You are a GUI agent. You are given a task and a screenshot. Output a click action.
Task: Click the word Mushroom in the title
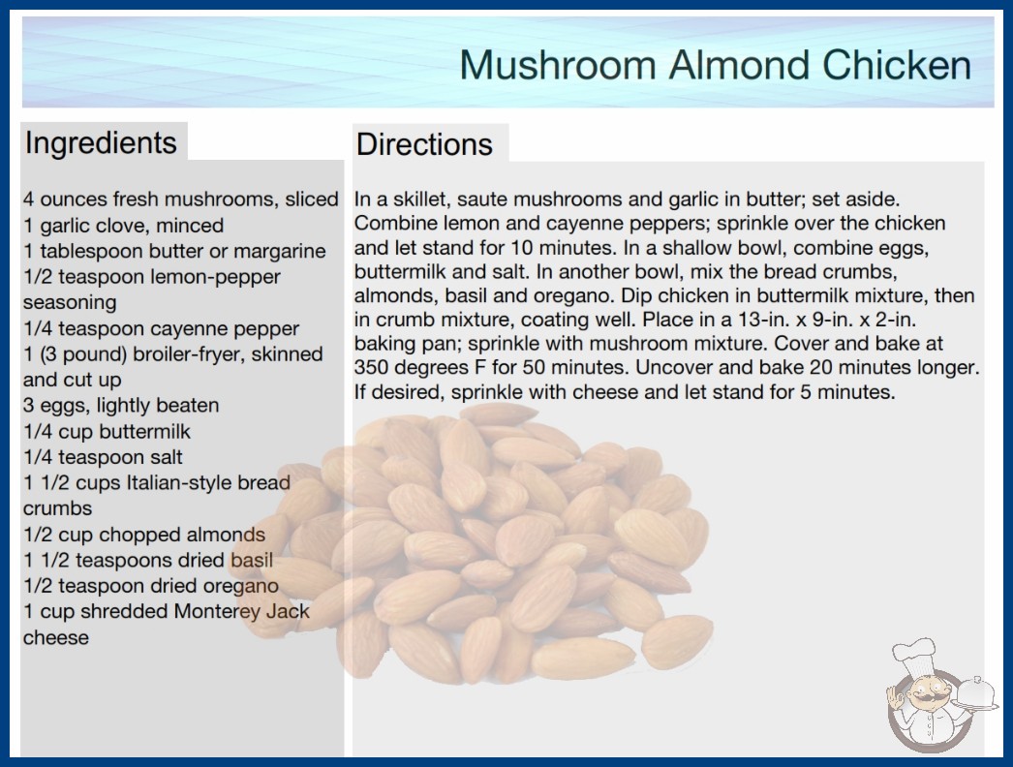558,65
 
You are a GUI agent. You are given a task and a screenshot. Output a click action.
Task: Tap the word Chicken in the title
897,65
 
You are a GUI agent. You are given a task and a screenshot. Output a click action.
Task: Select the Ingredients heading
100,143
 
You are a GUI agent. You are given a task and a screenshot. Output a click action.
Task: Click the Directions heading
424,144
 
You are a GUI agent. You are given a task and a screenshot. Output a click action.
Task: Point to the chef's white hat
913,656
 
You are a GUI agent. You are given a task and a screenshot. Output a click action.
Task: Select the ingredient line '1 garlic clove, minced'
123,226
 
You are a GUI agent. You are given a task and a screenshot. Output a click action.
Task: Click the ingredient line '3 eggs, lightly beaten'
121,406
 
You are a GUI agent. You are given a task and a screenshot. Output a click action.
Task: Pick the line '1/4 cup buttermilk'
107,432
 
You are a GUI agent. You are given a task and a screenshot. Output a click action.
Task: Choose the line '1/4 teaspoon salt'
103,457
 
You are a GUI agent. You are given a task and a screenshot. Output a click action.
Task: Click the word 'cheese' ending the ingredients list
55,638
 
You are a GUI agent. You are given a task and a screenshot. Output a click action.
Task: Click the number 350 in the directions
371,368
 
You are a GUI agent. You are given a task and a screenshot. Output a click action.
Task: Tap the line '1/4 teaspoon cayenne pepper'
161,329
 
